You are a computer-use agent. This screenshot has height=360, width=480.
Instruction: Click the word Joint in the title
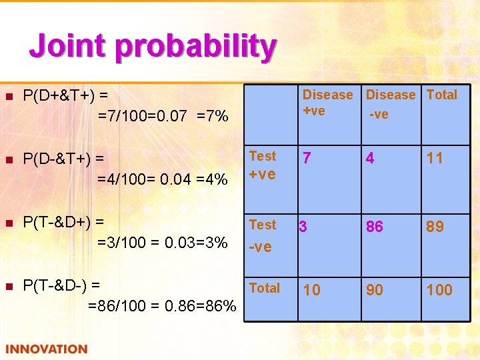click(x=67, y=47)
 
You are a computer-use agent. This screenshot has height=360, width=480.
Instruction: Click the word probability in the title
click(x=195, y=47)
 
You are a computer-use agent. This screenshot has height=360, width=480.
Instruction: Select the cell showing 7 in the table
click(x=307, y=159)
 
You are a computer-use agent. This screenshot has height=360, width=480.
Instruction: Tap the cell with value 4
click(x=370, y=159)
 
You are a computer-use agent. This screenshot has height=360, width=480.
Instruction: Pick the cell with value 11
click(x=435, y=159)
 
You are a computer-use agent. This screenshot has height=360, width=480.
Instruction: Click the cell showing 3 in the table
click(x=303, y=227)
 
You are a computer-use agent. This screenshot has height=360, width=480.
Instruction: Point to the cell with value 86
click(x=374, y=227)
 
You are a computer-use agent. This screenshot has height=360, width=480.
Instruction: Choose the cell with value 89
click(x=435, y=227)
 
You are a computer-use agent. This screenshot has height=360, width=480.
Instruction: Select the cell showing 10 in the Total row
click(x=312, y=290)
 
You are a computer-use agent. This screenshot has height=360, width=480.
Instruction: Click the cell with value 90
click(x=374, y=290)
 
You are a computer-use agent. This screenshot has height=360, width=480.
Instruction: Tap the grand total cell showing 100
click(x=439, y=290)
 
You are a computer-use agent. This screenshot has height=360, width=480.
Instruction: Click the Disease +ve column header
click(x=327, y=103)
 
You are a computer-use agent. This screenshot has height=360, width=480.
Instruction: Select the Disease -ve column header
click(x=390, y=104)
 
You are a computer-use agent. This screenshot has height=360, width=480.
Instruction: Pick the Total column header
click(x=441, y=95)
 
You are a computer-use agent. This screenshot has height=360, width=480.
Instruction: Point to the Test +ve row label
click(x=262, y=165)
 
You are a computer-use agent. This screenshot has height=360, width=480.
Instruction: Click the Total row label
click(x=264, y=288)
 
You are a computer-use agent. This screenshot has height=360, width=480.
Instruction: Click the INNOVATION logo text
click(x=47, y=349)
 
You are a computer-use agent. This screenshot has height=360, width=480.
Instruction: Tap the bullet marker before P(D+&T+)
click(x=9, y=96)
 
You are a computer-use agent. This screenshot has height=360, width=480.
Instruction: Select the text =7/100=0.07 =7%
click(x=163, y=117)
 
